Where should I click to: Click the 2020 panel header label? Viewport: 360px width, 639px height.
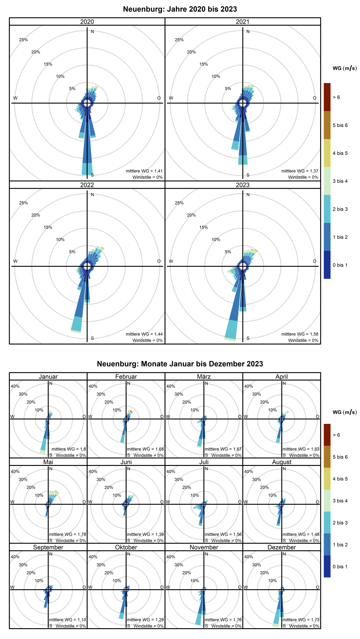(87, 22)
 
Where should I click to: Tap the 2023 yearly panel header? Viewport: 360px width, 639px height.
(242, 185)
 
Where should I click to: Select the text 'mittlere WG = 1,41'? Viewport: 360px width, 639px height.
(144, 171)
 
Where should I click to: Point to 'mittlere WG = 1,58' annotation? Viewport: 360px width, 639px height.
(300, 334)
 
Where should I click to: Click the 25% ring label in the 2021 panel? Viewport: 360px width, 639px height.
(179, 40)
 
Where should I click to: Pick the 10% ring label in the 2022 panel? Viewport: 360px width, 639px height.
(60, 239)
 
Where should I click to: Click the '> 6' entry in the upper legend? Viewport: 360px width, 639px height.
(336, 97)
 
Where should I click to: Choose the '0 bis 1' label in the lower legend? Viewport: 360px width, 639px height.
(340, 566)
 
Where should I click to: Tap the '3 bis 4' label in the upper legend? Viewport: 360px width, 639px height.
(340, 181)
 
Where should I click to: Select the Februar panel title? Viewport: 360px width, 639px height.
(126, 376)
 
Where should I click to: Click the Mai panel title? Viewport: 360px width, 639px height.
(48, 462)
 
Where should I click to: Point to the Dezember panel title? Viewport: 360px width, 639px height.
(281, 547)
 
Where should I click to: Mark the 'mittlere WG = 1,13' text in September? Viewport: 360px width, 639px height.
(67, 619)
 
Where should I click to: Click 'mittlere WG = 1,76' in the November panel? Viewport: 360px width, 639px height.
(223, 619)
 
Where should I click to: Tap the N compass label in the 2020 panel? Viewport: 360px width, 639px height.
(92, 31)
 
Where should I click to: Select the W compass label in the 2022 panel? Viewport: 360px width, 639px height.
(15, 261)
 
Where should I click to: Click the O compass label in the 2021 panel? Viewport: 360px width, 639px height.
(314, 98)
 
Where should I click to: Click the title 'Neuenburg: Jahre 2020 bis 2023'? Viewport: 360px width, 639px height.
(180, 9)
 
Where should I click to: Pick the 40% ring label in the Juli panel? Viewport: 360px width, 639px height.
(171, 471)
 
